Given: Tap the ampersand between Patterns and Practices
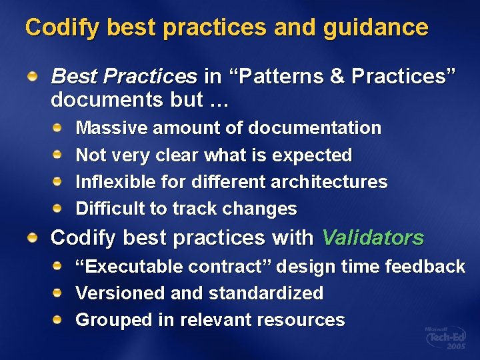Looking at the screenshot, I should (x=337, y=77).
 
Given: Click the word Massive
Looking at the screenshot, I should (x=111, y=128).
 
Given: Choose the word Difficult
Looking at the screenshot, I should (x=111, y=209).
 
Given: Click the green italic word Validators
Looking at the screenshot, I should (x=373, y=238).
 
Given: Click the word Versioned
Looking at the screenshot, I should (x=115, y=293).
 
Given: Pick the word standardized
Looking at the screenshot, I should (x=266, y=293).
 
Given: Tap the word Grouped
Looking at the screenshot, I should (x=114, y=320).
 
